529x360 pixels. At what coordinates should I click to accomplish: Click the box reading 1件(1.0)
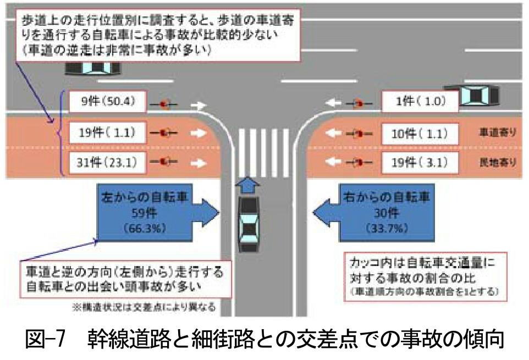click(419, 102)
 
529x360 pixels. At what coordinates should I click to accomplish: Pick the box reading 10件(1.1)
click(419, 132)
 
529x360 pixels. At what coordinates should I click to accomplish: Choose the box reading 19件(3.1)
click(419, 162)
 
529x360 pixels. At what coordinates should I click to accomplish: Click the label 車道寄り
click(498, 133)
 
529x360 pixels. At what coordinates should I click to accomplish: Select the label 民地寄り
click(498, 162)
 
